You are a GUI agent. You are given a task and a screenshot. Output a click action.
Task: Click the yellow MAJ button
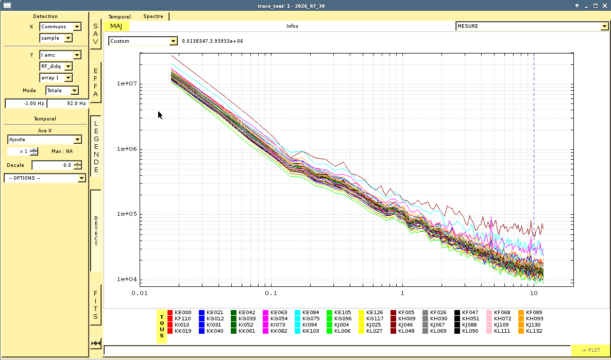(116, 26)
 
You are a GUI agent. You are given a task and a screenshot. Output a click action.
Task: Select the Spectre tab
(153, 16)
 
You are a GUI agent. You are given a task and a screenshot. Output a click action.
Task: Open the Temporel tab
(120, 17)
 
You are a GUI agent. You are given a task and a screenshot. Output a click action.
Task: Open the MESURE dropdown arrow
(604, 26)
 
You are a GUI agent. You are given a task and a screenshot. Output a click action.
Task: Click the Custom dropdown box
(143, 41)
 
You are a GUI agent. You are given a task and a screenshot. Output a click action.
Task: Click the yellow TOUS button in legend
(162, 327)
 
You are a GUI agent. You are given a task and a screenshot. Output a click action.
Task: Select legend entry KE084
(307, 313)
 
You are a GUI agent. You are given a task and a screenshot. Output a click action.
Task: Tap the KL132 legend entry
(530, 331)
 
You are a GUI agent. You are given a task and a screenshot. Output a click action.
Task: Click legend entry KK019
(179, 331)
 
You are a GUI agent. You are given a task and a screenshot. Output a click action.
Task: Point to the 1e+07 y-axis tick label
(127, 84)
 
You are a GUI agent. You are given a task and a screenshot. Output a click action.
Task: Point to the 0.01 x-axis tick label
(140, 293)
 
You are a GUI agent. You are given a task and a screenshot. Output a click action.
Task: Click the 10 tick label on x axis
(534, 293)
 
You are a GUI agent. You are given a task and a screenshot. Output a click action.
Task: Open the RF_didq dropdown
(56, 66)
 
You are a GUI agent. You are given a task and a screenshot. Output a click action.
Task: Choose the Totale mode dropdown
(62, 91)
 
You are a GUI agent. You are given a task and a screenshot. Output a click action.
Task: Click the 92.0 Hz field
(67, 103)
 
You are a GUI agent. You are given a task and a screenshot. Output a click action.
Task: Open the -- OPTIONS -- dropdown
(45, 178)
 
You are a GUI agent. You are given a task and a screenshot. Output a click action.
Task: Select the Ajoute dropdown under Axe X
(44, 140)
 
